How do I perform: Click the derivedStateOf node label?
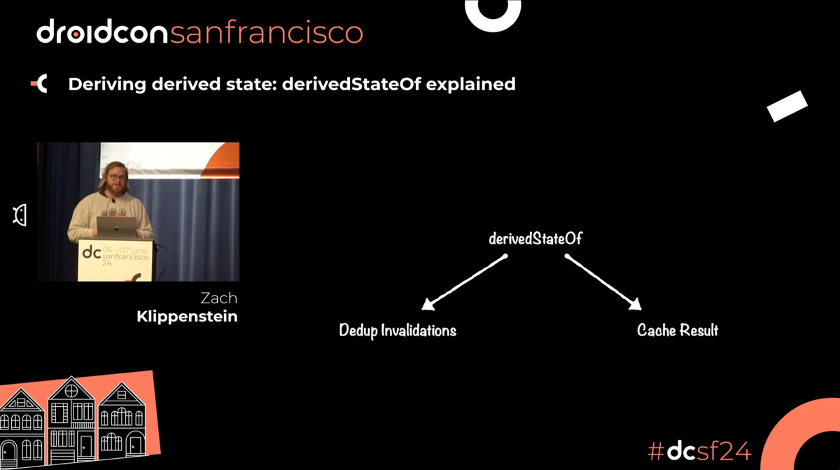click(x=535, y=239)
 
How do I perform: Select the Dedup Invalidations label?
click(x=398, y=330)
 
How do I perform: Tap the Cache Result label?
click(x=678, y=330)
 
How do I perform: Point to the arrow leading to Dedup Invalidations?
click(x=463, y=282)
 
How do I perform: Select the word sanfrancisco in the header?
click(x=267, y=32)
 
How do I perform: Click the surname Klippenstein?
click(x=188, y=317)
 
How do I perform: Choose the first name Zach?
click(x=218, y=298)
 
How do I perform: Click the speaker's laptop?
click(x=115, y=226)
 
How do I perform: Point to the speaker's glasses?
click(x=118, y=177)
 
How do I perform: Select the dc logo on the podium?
click(x=92, y=254)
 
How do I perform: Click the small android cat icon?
click(x=20, y=216)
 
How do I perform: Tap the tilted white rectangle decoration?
click(x=787, y=106)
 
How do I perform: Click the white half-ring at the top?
click(x=493, y=14)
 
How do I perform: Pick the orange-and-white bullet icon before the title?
click(x=39, y=85)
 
